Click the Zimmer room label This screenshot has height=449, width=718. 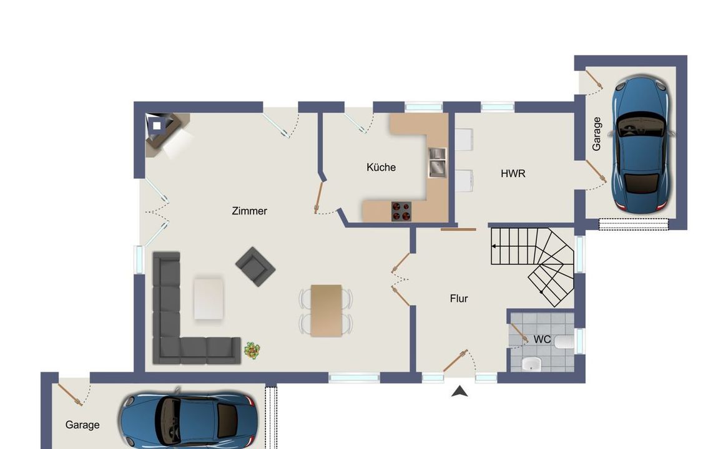click(249, 211)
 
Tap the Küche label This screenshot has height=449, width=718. click(381, 167)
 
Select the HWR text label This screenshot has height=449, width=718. click(513, 174)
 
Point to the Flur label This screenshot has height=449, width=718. click(459, 299)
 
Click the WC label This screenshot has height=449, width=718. click(542, 339)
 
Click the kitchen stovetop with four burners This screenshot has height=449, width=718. click(401, 211)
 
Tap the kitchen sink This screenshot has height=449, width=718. click(437, 162)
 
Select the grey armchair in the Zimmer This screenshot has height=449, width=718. click(255, 266)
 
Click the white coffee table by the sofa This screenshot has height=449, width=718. click(209, 298)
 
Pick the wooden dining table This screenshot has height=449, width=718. click(327, 311)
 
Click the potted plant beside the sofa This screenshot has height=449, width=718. click(252, 350)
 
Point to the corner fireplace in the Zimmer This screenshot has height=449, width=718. click(162, 131)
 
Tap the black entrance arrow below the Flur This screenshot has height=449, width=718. click(460, 392)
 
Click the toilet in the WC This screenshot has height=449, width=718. click(564, 342)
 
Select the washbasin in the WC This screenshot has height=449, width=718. click(531, 364)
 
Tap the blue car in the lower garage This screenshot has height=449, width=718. click(189, 420)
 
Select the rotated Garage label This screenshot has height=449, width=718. click(596, 134)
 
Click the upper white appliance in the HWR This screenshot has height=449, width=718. click(464, 140)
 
